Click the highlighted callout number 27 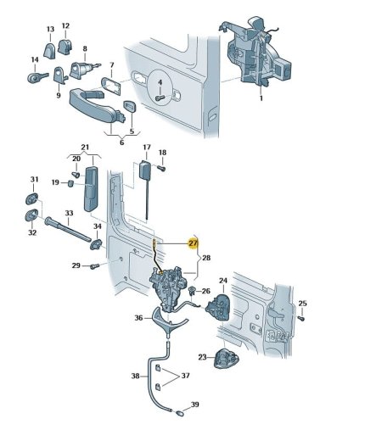tap(193, 243)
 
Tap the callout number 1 tap(261, 98)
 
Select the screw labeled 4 tap(160, 98)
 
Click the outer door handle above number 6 tap(96, 106)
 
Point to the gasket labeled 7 tap(111, 86)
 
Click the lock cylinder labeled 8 tap(84, 70)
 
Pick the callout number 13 tap(50, 29)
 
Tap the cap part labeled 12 tap(65, 47)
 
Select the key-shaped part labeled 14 tap(37, 77)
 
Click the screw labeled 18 tap(161, 168)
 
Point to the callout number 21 tap(85, 148)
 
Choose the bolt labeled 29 tap(95, 266)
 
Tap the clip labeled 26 tap(192, 290)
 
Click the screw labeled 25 tap(301, 319)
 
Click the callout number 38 tap(136, 376)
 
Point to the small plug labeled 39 tap(179, 413)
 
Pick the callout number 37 tap(185, 376)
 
